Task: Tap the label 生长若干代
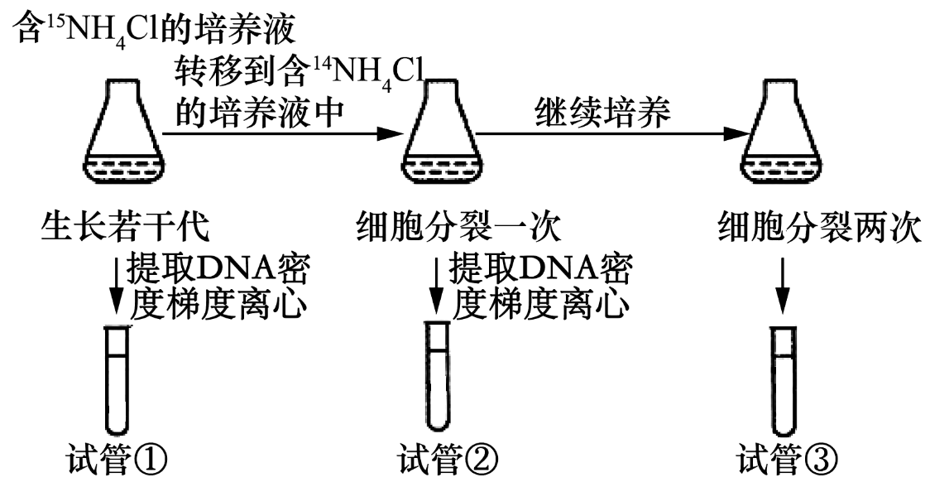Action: [124, 225]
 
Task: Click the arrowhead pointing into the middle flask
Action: [389, 133]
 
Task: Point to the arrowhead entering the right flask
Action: [736, 133]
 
